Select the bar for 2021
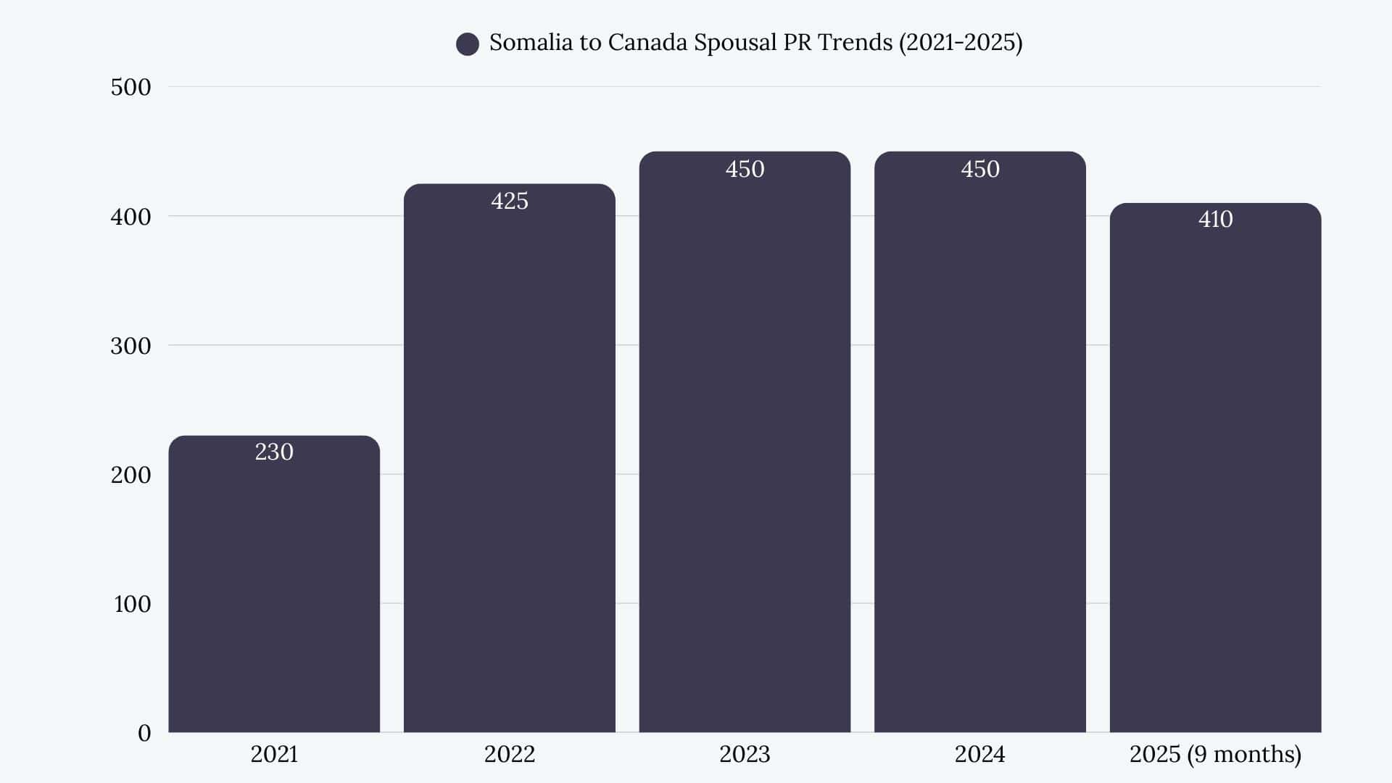[x=274, y=587]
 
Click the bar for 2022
[x=509, y=464]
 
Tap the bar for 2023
[x=745, y=449]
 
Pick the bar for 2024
[x=979, y=449]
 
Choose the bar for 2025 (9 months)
[x=1215, y=471]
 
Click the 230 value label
[x=274, y=452]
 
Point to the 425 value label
[x=509, y=201]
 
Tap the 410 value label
[x=1215, y=219]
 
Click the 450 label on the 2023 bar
[x=745, y=169]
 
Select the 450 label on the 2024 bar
[x=979, y=169]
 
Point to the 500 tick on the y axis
[x=130, y=87]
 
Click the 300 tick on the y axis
[x=130, y=346]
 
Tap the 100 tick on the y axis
[x=132, y=604]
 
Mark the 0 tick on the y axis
[x=144, y=733]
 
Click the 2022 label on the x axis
[x=509, y=754]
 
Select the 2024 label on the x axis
[x=979, y=754]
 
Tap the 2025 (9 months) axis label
[x=1215, y=754]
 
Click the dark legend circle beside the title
[x=468, y=44]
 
